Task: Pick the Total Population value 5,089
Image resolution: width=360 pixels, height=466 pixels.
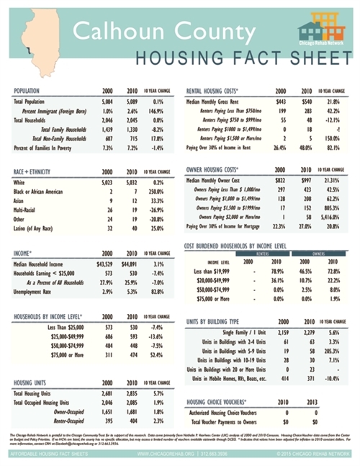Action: [132, 102]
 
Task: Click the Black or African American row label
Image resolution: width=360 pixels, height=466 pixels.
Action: [39, 192]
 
